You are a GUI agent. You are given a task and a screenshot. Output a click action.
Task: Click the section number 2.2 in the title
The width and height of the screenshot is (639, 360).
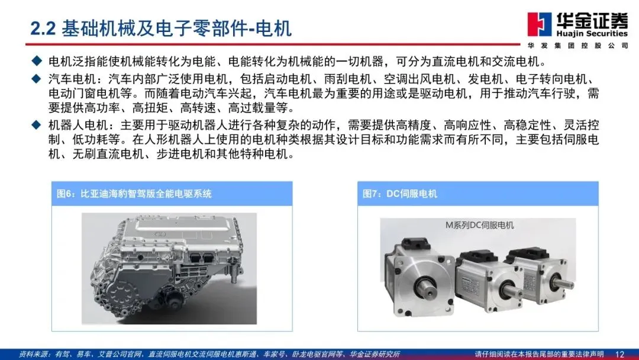click(x=43, y=29)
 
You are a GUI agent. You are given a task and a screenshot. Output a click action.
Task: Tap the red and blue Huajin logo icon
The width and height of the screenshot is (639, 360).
click(x=539, y=24)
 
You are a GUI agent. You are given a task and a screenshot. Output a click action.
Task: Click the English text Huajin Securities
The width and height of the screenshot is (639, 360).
click(x=592, y=33)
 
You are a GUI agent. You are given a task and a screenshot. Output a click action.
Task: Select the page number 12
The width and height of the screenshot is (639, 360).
click(x=619, y=354)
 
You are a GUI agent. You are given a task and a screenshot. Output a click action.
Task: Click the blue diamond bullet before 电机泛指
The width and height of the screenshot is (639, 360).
click(x=37, y=61)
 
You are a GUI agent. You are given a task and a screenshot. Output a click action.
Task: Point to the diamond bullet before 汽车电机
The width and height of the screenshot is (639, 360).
click(x=37, y=79)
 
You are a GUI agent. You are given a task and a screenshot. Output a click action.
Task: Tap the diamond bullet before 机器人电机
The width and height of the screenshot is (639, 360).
click(x=37, y=125)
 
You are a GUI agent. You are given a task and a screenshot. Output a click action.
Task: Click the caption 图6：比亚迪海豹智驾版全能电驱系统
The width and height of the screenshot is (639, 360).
click(x=134, y=194)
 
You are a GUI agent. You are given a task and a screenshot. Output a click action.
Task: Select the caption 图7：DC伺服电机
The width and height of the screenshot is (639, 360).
click(x=400, y=194)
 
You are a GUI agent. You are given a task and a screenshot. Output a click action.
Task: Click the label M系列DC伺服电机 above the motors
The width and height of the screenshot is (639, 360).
click(x=479, y=225)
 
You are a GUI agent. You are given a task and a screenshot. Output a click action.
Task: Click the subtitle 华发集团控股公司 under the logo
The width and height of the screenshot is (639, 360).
click(x=578, y=46)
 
